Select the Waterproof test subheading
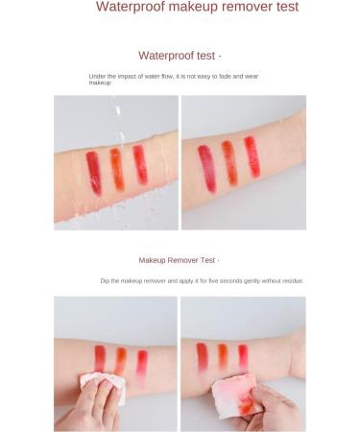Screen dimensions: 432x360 pyautogui.click(x=179, y=56)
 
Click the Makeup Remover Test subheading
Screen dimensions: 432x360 pyautogui.click(x=178, y=260)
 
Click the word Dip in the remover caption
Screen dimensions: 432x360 pyautogui.click(x=105, y=281)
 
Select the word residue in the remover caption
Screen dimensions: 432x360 pyautogui.click(x=291, y=281)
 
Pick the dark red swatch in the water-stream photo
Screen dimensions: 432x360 pyautogui.click(x=93, y=172)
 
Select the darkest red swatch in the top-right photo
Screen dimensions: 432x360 pyautogui.click(x=206, y=167)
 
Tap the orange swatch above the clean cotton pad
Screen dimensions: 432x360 pyautogui.click(x=121, y=360)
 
